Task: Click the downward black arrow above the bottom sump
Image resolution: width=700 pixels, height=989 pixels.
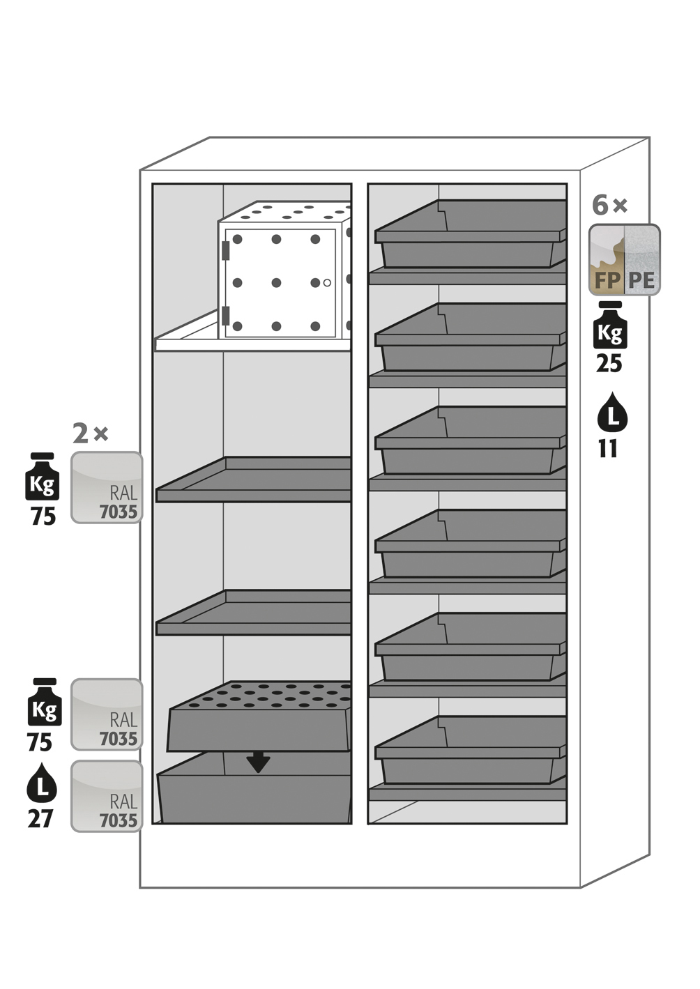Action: click(258, 762)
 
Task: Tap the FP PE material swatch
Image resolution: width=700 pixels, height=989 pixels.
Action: click(624, 259)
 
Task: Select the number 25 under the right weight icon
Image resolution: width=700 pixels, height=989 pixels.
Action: click(609, 364)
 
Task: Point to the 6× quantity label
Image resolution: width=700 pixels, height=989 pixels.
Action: click(609, 206)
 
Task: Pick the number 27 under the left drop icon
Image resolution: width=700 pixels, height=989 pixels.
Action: click(40, 818)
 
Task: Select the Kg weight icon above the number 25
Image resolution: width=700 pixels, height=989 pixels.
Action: click(610, 326)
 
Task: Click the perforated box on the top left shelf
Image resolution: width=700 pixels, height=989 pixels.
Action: click(282, 275)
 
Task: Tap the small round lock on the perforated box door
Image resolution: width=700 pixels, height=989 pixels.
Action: click(327, 282)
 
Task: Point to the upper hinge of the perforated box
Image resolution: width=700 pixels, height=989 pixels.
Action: click(225, 250)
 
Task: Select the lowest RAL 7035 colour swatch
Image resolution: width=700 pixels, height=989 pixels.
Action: click(107, 795)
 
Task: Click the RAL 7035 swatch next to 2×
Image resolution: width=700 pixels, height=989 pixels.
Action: click(107, 487)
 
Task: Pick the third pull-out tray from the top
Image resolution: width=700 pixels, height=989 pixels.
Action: click(471, 442)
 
